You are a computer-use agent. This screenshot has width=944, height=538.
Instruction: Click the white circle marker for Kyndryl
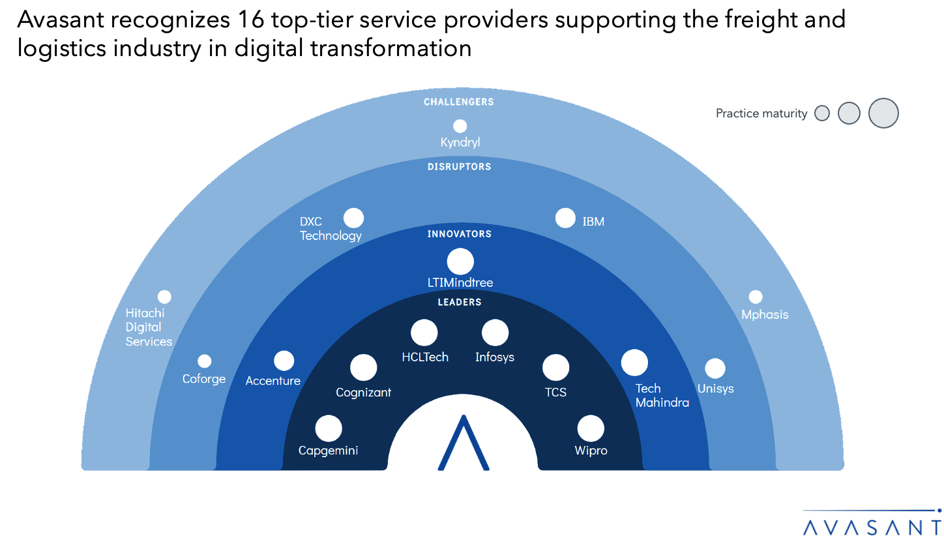point(460,126)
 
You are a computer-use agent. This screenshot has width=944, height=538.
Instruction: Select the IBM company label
point(593,222)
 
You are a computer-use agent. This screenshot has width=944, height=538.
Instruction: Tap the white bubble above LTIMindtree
point(460,262)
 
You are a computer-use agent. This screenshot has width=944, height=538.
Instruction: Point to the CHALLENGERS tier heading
point(459,102)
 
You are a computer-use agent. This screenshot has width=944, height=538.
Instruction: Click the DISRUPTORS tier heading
point(459,167)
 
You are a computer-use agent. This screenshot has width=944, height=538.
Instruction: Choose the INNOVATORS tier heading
point(459,234)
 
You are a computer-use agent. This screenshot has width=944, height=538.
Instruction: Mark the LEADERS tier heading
point(459,302)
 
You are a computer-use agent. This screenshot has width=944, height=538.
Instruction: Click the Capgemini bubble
point(329,429)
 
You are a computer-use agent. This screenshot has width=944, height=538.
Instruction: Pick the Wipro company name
point(591,451)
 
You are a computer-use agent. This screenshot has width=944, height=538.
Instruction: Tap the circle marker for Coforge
point(205,361)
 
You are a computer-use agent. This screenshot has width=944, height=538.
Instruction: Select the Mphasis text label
point(765,315)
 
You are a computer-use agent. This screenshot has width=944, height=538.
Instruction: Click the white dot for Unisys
point(715,368)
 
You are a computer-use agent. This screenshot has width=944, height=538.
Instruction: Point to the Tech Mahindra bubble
point(634,363)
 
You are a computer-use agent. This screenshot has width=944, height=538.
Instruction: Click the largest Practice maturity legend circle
point(883,113)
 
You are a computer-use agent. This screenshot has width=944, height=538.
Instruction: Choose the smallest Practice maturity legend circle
point(822,113)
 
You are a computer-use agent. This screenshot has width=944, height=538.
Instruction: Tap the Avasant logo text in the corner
point(872,526)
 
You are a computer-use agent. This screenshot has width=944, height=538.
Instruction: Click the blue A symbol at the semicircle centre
point(463,443)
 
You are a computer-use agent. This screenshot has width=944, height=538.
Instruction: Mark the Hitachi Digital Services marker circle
point(164,297)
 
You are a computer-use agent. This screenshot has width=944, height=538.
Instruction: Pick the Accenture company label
point(273,381)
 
